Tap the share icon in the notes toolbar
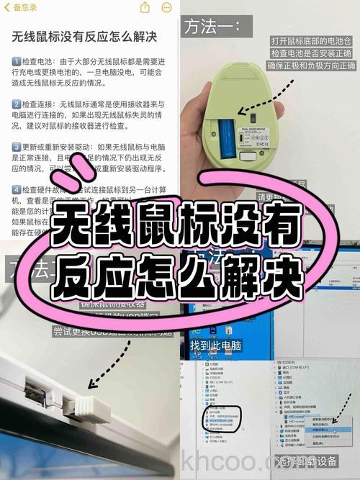[145, 7]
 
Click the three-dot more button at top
[167, 7]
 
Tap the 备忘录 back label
[20, 7]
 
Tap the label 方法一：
[212, 27]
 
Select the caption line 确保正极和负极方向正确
[311, 66]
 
